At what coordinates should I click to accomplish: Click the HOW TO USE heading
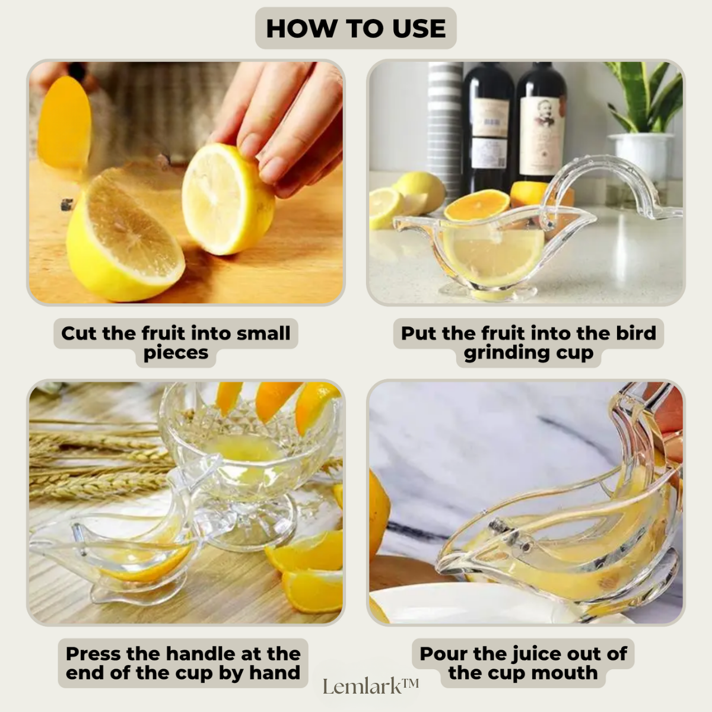[355, 28]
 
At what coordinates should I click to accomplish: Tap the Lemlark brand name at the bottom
[371, 686]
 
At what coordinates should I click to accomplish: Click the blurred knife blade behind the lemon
[64, 122]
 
